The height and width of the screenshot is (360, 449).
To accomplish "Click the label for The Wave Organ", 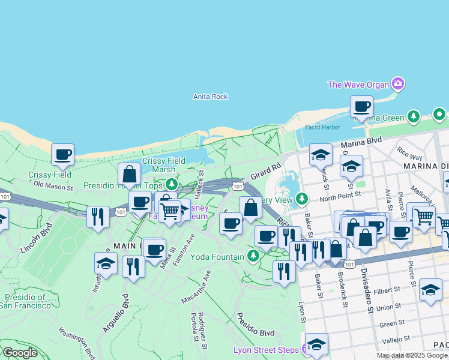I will tap(358, 85).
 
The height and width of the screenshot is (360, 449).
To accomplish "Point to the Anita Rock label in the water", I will tap(210, 97).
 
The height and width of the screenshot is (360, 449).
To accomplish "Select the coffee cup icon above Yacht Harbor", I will tap(361, 107).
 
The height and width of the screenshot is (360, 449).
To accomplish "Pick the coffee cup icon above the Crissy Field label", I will tap(62, 155).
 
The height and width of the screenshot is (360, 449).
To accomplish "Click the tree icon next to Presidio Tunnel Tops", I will tap(172, 185).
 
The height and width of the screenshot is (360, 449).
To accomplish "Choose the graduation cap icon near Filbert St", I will tap(430, 290).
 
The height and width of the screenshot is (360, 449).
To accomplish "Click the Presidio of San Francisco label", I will tap(25, 301).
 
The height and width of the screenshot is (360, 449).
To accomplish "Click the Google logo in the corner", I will tap(19, 353).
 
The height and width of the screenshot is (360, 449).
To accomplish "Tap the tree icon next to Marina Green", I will tap(413, 116).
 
